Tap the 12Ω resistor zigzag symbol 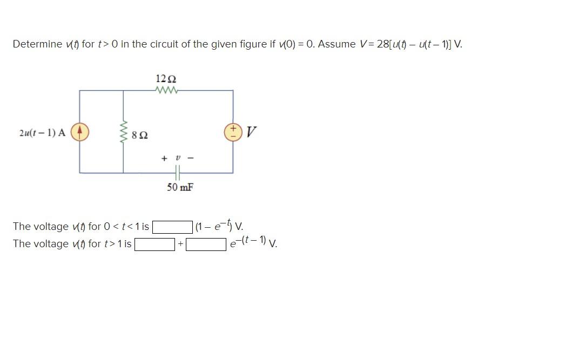[166, 90]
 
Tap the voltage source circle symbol [233, 132]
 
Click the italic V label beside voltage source [251, 132]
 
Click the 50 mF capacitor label [180, 187]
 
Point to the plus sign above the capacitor [164, 158]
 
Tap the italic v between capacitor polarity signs [177, 158]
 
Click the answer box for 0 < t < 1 [172, 227]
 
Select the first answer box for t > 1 [154, 244]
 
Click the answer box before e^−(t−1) [206, 244]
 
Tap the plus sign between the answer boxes [181, 244]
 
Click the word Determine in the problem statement [37, 44]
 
